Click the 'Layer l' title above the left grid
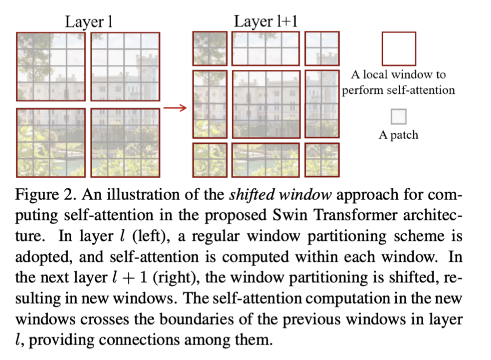(89, 22)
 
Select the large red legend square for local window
(399, 49)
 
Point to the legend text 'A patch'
(398, 135)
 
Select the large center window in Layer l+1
(266, 104)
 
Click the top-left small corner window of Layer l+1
(210, 49)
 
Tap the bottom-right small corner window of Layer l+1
(322, 160)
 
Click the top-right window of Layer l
(125, 67)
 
